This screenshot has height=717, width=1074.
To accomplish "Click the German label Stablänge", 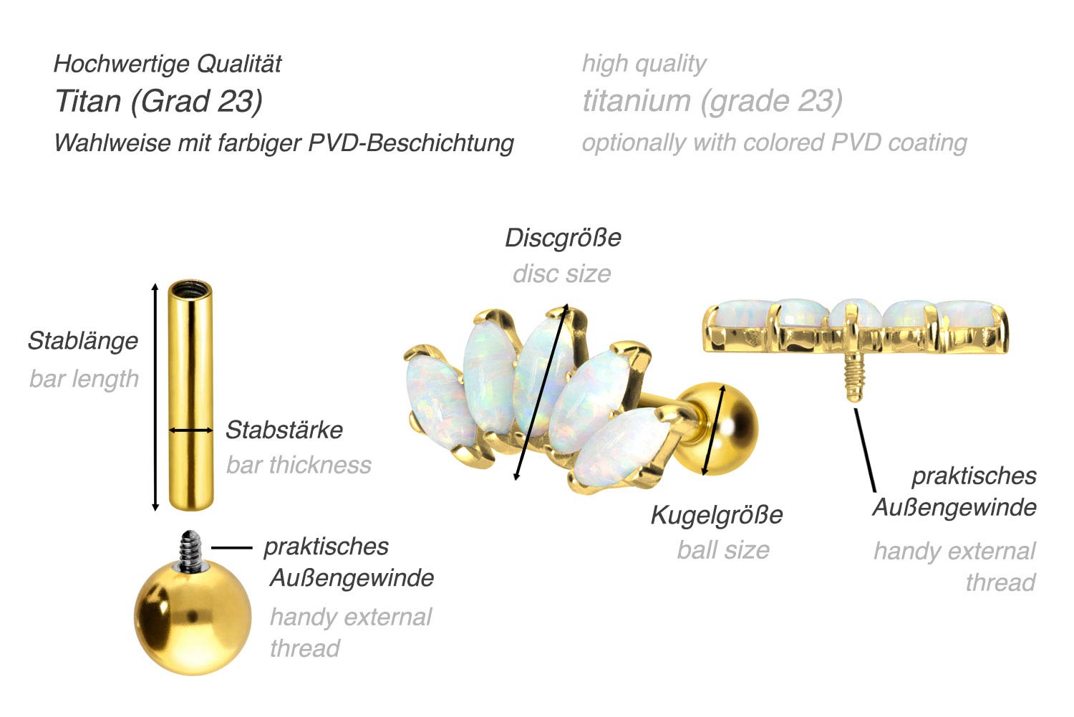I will click(x=83, y=341).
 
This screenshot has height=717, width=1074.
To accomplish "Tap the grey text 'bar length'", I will click(x=84, y=379).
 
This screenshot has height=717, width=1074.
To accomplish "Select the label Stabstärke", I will click(x=284, y=430).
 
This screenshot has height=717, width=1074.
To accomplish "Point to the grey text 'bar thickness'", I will click(x=299, y=465).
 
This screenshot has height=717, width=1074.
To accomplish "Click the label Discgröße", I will click(x=563, y=238).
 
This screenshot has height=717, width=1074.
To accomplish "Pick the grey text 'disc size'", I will click(x=561, y=274).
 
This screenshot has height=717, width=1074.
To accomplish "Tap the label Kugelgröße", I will click(x=717, y=515).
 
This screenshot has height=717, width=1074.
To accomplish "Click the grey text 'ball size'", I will click(x=723, y=550).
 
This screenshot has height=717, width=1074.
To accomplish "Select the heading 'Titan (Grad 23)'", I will click(x=159, y=101).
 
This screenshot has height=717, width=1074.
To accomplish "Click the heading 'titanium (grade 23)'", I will click(x=712, y=101).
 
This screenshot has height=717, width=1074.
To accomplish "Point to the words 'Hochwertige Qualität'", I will click(x=168, y=64).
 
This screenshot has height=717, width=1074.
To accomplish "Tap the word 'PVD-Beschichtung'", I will click(x=411, y=143).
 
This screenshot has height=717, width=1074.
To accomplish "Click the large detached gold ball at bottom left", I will click(x=193, y=618).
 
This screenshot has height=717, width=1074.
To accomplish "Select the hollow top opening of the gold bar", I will click(x=190, y=289).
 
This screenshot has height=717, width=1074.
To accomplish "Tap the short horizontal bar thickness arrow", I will click(x=190, y=430).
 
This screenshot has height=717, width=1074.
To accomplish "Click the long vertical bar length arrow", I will click(x=155, y=397).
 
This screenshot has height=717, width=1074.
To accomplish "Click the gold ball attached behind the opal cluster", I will click(x=727, y=428).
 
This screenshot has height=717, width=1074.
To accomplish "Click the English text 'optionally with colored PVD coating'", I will click(x=774, y=143).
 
